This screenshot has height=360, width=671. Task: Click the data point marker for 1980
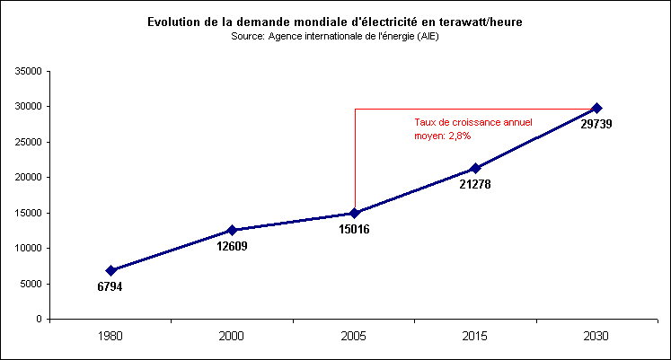click(x=111, y=270)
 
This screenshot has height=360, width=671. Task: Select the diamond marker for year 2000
click(x=233, y=230)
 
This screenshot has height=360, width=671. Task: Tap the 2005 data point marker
click(x=355, y=213)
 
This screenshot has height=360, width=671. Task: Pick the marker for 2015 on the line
click(x=476, y=168)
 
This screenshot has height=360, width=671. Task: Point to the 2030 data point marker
click(x=597, y=108)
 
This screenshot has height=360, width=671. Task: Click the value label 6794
click(x=110, y=287)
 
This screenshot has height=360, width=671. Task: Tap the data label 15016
click(x=354, y=229)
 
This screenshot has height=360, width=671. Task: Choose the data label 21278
click(x=475, y=184)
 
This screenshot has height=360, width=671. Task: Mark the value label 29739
click(x=596, y=124)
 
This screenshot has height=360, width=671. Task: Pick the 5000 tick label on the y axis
click(x=32, y=284)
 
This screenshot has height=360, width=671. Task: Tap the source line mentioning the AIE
click(x=335, y=36)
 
